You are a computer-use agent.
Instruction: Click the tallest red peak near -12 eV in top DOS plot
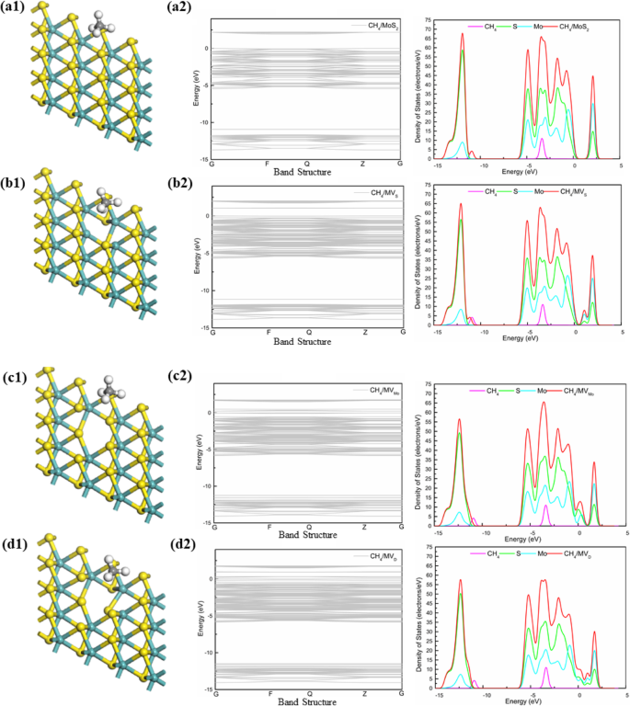462,34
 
